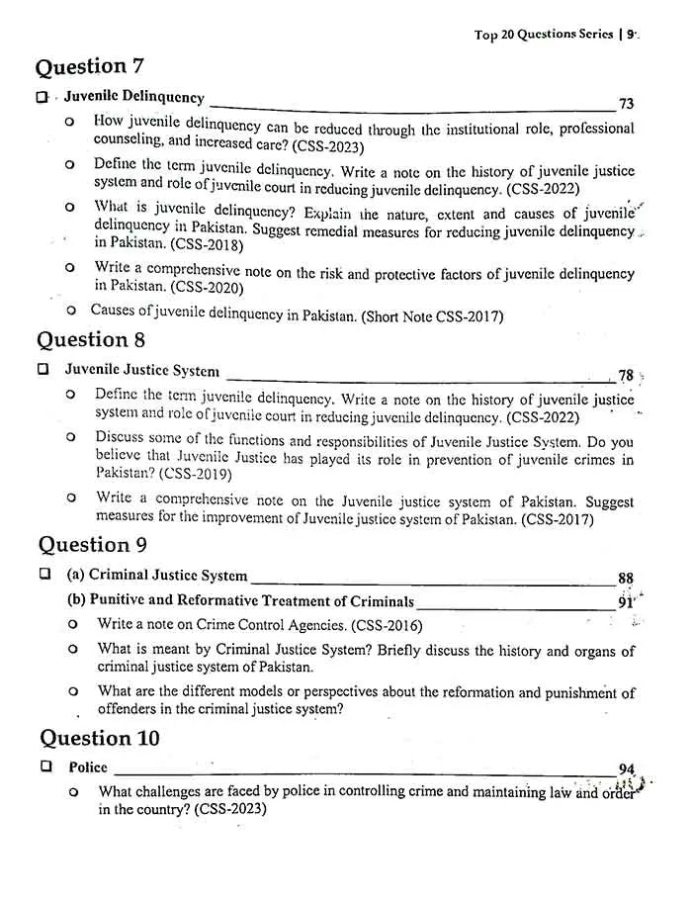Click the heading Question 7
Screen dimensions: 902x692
90,66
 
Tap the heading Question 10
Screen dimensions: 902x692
100,738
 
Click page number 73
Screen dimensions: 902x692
626,104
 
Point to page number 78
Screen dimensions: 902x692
625,375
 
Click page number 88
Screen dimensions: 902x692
625,580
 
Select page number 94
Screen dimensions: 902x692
626,770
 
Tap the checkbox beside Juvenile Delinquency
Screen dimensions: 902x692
42,98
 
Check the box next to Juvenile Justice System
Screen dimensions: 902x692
43,370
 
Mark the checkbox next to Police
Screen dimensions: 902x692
45,767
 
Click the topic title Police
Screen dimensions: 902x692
88,767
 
